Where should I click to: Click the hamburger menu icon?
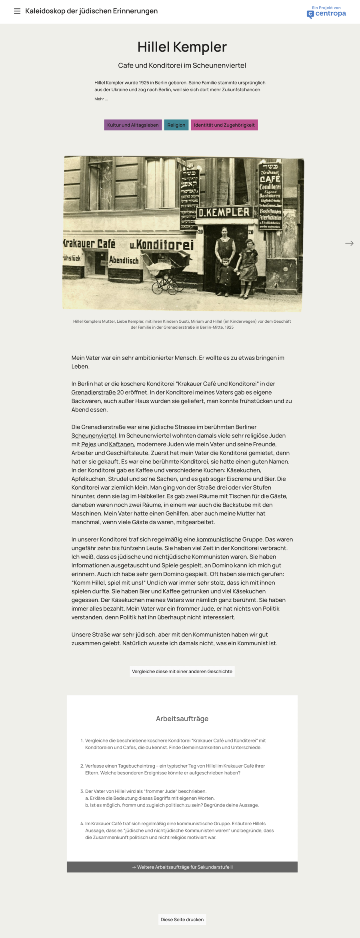(17, 11)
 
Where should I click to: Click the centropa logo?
(326, 13)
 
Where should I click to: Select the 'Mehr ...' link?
(101, 99)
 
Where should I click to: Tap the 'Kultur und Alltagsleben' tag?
(133, 125)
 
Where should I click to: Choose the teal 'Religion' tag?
(176, 125)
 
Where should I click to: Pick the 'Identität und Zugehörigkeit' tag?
(224, 125)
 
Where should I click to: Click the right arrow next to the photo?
(349, 243)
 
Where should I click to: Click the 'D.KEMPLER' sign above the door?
(224, 212)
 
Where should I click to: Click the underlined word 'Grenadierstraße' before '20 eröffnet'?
(94, 393)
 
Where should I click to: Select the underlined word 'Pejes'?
(89, 444)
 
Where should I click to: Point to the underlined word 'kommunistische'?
(219, 540)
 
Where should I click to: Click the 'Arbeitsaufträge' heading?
(182, 718)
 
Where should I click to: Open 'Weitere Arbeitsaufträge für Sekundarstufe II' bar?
(182, 867)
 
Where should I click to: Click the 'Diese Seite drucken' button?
(182, 919)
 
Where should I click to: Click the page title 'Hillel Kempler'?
(182, 47)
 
